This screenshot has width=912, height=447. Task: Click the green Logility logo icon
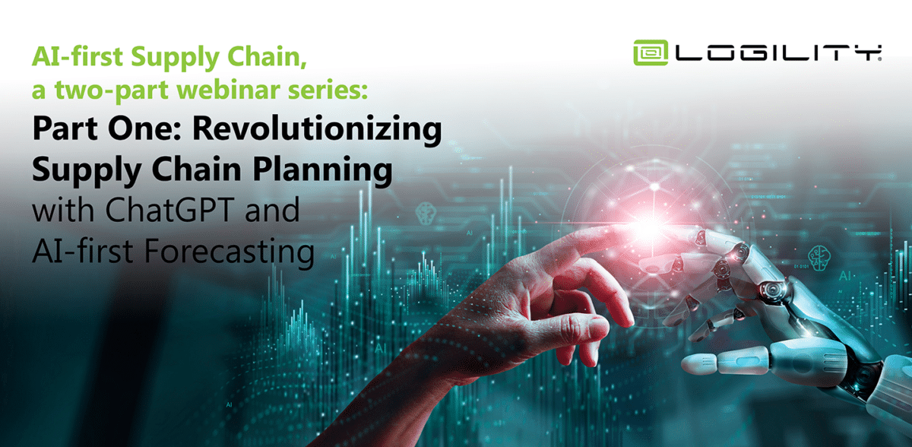coord(651,52)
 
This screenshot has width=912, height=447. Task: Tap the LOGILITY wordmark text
coord(778,53)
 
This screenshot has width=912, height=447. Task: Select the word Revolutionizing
coord(317,129)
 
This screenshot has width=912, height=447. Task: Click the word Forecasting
coord(230,252)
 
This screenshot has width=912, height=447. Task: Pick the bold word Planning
coord(322,170)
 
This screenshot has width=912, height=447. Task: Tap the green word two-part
coord(112,90)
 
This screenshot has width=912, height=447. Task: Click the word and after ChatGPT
coord(272,210)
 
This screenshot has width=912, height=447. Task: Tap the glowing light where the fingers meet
coord(648,228)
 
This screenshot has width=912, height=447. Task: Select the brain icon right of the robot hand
coord(819,258)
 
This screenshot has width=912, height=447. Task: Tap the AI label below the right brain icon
coord(845,276)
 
